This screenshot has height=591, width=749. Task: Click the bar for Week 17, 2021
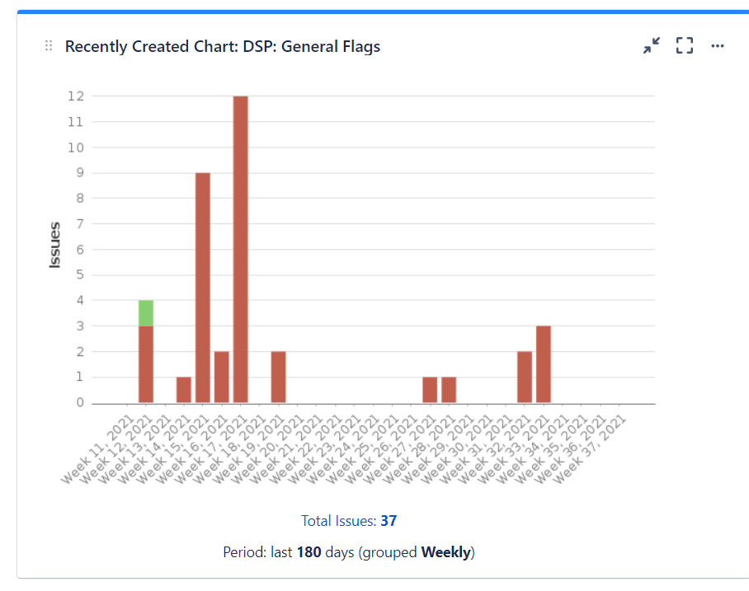click(x=241, y=249)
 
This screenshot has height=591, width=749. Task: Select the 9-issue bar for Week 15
click(x=203, y=288)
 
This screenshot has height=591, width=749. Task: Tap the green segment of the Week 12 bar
click(x=146, y=313)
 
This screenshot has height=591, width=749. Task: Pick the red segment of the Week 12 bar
click(x=146, y=364)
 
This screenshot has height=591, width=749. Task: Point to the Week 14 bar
click(x=184, y=390)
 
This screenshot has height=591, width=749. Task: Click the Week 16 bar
click(x=222, y=378)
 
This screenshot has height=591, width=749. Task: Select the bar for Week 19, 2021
click(x=279, y=378)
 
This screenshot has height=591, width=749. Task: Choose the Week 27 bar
click(x=430, y=390)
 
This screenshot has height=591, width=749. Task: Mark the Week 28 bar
click(x=449, y=390)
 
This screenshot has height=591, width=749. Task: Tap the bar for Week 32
click(x=525, y=378)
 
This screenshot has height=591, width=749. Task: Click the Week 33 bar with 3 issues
click(x=544, y=364)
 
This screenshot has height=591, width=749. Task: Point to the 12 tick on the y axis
click(x=76, y=96)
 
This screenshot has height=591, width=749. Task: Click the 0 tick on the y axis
click(x=80, y=403)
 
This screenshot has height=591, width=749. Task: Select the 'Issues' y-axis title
click(x=55, y=245)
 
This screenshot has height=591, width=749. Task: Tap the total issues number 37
click(x=389, y=521)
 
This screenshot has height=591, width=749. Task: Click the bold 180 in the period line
click(x=309, y=552)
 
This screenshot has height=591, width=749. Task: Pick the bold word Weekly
click(x=445, y=552)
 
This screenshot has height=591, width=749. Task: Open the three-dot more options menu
click(x=718, y=46)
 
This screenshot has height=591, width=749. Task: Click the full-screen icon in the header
click(x=685, y=46)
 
